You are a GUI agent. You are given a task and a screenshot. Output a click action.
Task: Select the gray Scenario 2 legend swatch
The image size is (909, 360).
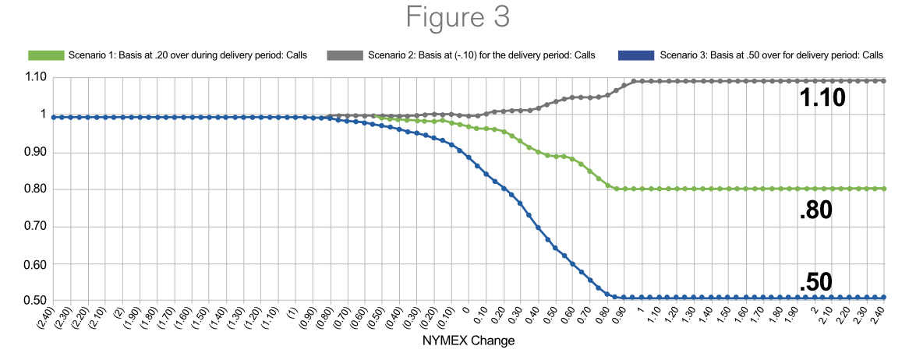(x=345, y=55)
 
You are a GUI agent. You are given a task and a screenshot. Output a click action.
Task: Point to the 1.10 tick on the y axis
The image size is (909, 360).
(x=34, y=77)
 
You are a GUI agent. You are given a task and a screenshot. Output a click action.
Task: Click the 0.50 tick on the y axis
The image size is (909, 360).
(x=34, y=302)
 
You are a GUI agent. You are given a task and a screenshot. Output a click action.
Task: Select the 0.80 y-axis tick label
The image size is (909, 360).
(x=34, y=189)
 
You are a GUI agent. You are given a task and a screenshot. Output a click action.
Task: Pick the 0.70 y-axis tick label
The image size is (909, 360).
(x=34, y=227)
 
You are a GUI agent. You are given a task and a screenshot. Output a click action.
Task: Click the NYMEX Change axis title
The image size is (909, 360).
(x=468, y=341)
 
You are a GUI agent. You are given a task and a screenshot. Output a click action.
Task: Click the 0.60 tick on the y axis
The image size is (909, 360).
(x=34, y=264)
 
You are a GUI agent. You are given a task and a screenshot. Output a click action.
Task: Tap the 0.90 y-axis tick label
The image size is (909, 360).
(x=34, y=152)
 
